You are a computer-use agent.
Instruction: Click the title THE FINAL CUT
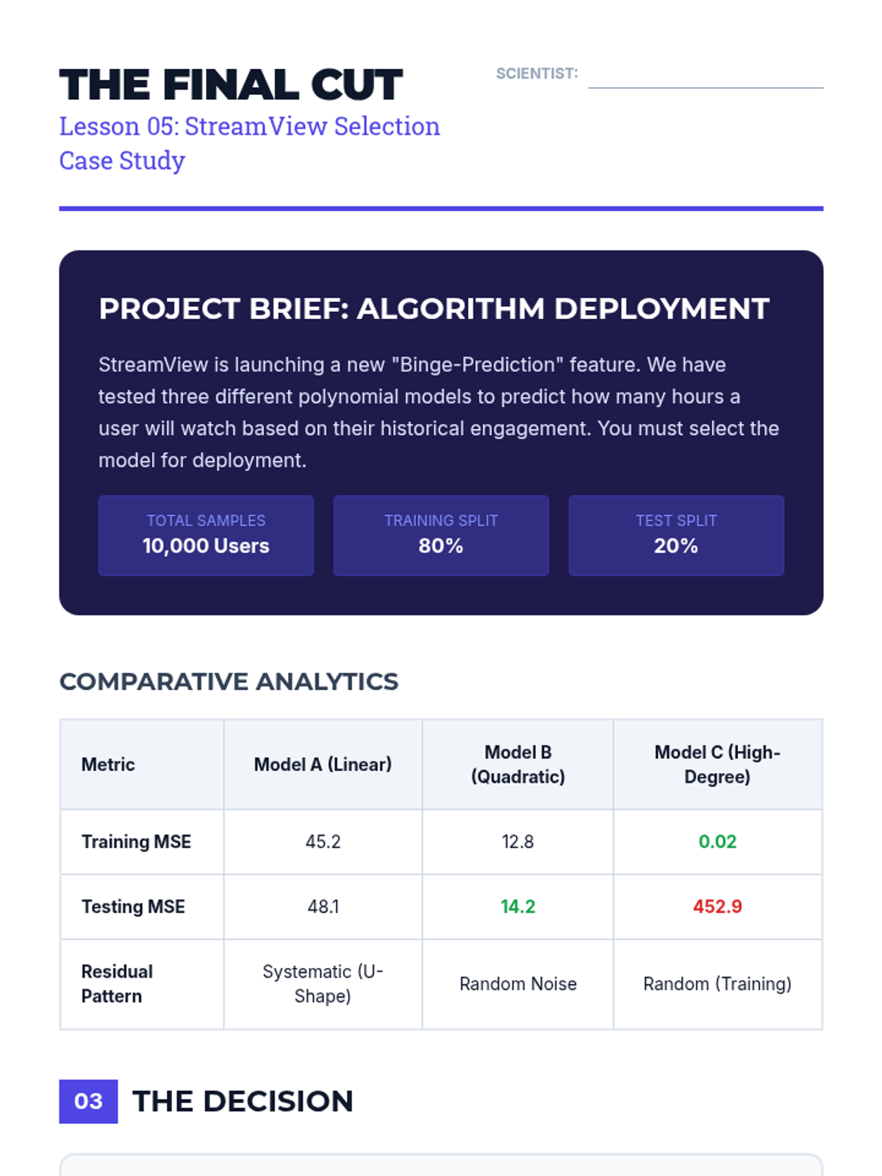pos(231,85)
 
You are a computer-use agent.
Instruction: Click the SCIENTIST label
pos(537,73)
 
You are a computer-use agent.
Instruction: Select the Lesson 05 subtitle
pos(249,143)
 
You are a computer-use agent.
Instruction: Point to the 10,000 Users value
pos(206,546)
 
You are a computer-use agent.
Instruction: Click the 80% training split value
pos(441,546)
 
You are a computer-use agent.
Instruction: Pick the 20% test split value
pos(676,546)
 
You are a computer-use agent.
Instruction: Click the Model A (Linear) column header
pos(323,764)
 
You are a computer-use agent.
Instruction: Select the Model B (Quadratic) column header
pos(517,764)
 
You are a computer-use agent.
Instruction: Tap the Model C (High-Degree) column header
pos(717,764)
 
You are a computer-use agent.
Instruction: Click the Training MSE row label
pos(136,842)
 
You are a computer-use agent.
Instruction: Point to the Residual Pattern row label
pos(118,983)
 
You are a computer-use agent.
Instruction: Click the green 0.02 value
pos(717,842)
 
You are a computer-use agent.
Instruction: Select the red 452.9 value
pos(717,906)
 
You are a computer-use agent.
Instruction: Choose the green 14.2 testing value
pos(517,906)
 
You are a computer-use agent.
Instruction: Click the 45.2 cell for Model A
pos(323,842)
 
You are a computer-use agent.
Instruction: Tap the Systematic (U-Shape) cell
pos(323,983)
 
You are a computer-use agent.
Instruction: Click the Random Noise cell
pos(517,983)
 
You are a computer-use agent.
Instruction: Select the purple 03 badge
pos(88,1101)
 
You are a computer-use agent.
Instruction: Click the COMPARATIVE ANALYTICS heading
pos(229,681)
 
